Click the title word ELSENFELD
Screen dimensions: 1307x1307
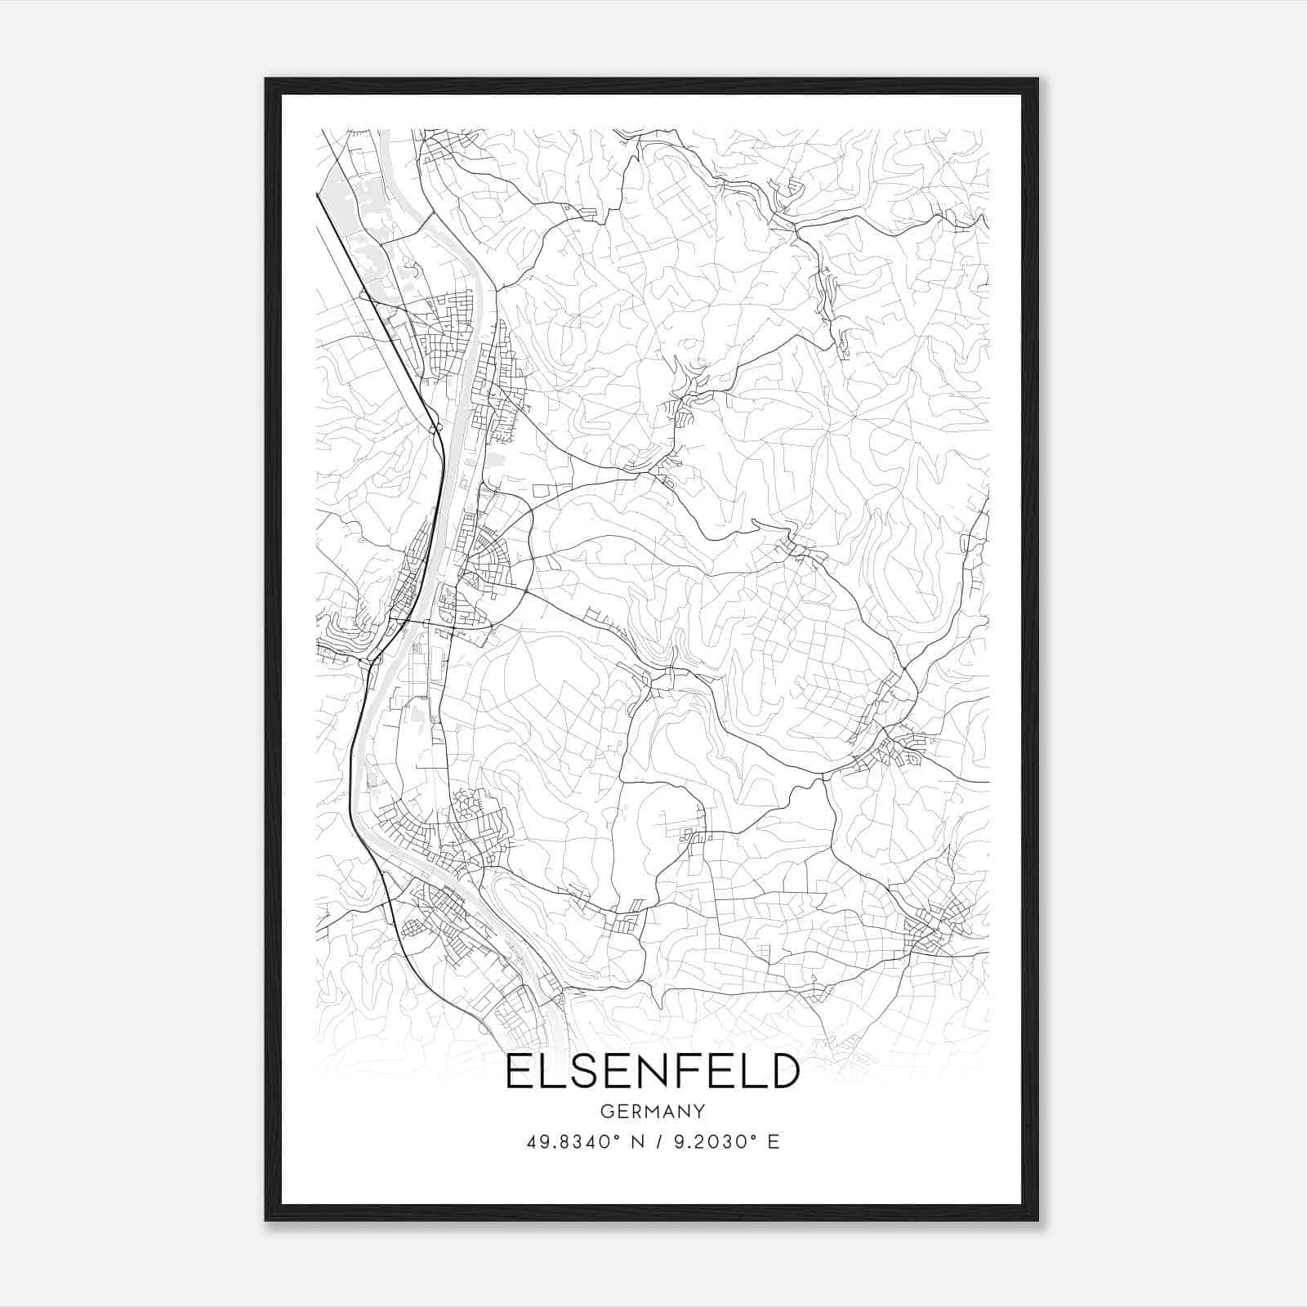652,1071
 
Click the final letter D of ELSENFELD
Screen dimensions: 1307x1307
780,1071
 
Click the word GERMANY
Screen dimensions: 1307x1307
652,1112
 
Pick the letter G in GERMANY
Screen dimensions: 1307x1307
606,1112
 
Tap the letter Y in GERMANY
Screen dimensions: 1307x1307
699,1112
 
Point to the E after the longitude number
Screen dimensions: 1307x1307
774,1142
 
